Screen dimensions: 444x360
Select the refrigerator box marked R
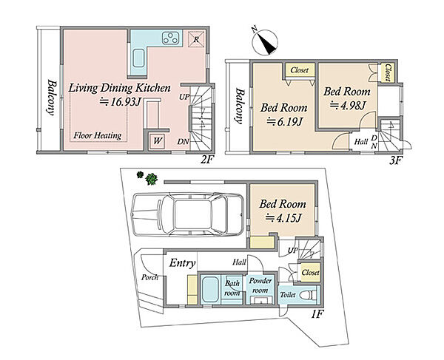(x=196, y=39)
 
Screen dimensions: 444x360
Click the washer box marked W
(x=158, y=140)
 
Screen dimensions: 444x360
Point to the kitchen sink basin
(x=138, y=58)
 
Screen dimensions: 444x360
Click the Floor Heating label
(x=98, y=136)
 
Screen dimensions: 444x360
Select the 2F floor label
(x=206, y=160)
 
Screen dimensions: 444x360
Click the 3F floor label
(x=396, y=161)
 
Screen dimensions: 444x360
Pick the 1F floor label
(x=317, y=314)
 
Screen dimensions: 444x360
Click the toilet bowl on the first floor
(x=309, y=295)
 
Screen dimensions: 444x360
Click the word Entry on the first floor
(x=182, y=263)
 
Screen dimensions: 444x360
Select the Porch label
(x=149, y=277)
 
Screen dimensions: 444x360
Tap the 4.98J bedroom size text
(x=349, y=105)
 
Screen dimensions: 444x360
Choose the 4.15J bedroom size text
(x=283, y=218)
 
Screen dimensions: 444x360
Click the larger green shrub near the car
(x=152, y=179)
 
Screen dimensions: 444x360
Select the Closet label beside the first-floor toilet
(x=311, y=272)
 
